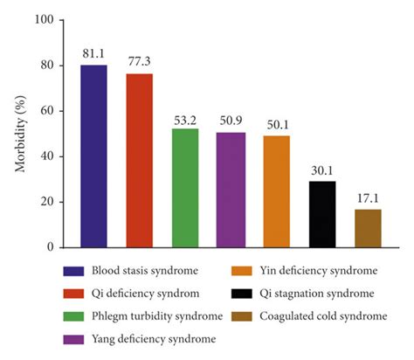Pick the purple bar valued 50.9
[x=231, y=190]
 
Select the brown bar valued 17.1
[x=368, y=228]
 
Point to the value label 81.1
[x=93, y=54]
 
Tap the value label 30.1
[x=322, y=170]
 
